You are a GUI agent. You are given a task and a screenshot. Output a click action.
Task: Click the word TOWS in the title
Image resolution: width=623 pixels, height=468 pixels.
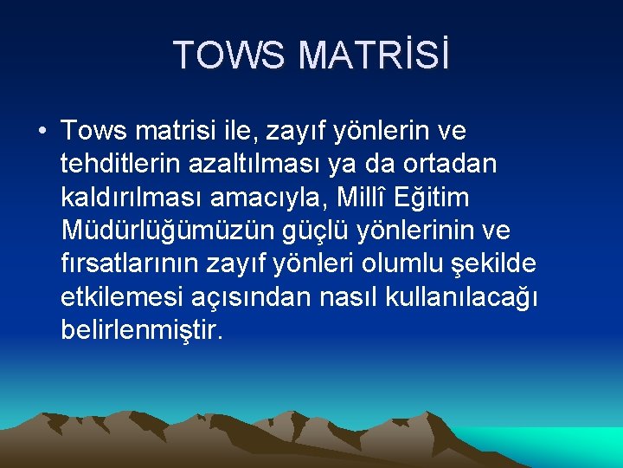229,55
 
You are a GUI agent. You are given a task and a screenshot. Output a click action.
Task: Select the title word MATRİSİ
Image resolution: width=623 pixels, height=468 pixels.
374,55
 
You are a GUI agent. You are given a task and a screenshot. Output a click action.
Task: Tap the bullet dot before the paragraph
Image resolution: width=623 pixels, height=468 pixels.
42,132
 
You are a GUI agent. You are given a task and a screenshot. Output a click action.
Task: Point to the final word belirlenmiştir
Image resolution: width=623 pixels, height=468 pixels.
142,329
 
